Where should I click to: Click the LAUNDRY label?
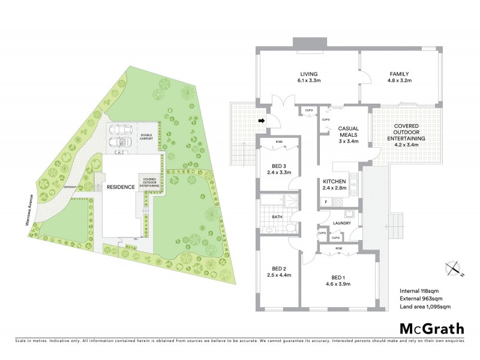[x=341, y=223]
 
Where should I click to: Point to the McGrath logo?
[x=431, y=328]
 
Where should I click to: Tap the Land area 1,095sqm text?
[x=425, y=307]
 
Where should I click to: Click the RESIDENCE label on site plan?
[x=120, y=187]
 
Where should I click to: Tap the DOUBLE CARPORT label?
[x=146, y=137]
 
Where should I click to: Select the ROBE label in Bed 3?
[x=279, y=143]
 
